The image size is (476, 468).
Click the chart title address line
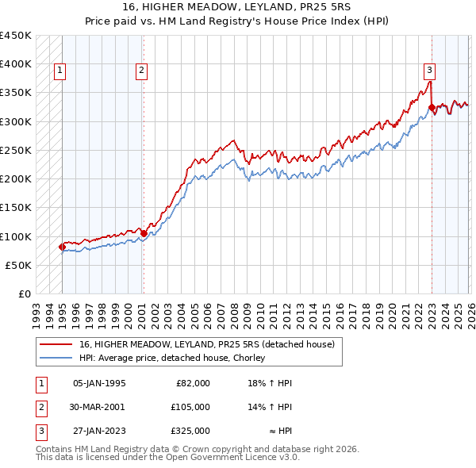(x=238, y=7)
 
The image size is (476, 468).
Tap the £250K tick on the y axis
(x=16, y=150)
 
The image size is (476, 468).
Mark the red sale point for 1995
(x=62, y=247)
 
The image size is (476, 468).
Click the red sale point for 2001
(x=144, y=233)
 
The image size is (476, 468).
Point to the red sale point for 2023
(x=432, y=107)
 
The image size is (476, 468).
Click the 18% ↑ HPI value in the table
(x=272, y=382)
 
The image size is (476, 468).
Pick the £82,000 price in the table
(x=193, y=382)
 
